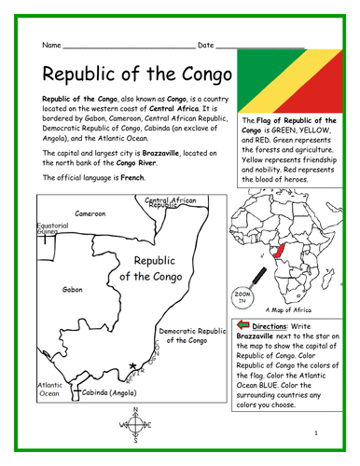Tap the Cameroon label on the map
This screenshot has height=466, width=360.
pos(90,213)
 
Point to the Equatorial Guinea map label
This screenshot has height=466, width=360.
pos(51,228)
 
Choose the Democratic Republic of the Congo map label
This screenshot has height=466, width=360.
pos(192,336)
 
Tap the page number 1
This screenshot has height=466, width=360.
pos(317,433)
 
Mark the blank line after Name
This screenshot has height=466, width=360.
pos(129,46)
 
